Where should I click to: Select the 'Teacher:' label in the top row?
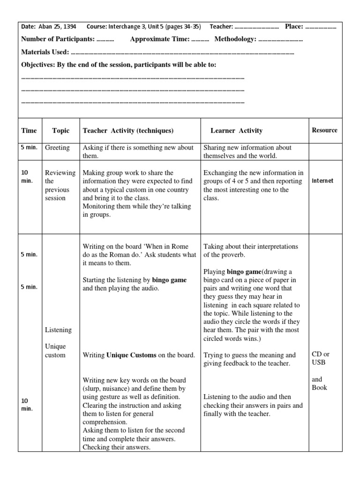(221, 27)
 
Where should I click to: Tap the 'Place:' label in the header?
(294, 27)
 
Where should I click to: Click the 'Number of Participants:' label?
(58, 39)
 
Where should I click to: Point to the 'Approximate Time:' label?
(159, 39)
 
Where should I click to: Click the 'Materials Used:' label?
(45, 52)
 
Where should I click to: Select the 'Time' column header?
(29, 131)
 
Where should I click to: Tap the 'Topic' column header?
(60, 131)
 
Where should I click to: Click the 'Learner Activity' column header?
(236, 131)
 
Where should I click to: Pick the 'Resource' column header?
(324, 130)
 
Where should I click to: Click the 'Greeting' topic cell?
(57, 148)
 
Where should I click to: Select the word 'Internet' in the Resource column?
(322, 181)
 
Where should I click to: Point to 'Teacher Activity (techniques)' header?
(128, 131)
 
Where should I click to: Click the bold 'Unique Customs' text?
(131, 355)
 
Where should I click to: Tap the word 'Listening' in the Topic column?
(58, 330)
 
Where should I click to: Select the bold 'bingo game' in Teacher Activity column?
(169, 280)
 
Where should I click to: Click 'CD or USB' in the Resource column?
(321, 359)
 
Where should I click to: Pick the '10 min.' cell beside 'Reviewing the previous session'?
(27, 177)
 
